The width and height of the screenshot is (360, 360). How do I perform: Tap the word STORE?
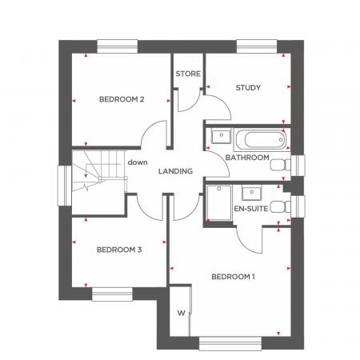coord(188,74)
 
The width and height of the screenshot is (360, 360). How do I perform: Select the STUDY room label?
coord(249,87)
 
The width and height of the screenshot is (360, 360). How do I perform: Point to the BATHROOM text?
coord(246,158)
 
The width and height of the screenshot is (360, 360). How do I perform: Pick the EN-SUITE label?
coord(250,210)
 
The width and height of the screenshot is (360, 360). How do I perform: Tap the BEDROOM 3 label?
coord(118,250)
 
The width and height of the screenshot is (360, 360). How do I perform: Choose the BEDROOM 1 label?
coord(233,277)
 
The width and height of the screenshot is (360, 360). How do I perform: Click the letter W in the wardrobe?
coord(181,312)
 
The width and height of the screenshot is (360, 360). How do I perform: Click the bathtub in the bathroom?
coord(259,138)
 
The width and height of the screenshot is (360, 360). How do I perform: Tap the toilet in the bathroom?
coord(280,166)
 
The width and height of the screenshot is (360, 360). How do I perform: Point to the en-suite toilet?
coord(280,206)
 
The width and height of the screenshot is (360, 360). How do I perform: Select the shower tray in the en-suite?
coord(218,204)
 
